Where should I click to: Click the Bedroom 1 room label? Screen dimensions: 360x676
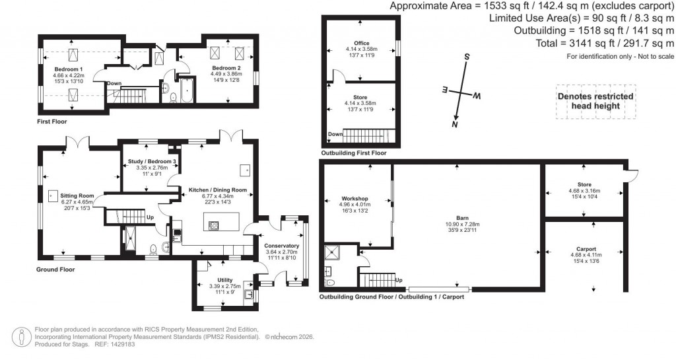(x=69, y=69)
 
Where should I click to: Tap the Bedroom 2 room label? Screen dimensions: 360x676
(x=226, y=67)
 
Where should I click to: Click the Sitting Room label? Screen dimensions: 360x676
(x=77, y=196)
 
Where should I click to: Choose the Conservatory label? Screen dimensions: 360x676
(x=282, y=246)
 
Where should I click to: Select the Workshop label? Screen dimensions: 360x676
(x=355, y=198)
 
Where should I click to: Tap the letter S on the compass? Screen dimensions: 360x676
(x=466, y=57)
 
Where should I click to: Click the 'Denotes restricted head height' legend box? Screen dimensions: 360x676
(x=595, y=101)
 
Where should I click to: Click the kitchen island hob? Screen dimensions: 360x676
(x=214, y=226)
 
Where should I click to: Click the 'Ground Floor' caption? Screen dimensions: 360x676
(x=55, y=270)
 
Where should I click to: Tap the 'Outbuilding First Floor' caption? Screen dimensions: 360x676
(x=353, y=153)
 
